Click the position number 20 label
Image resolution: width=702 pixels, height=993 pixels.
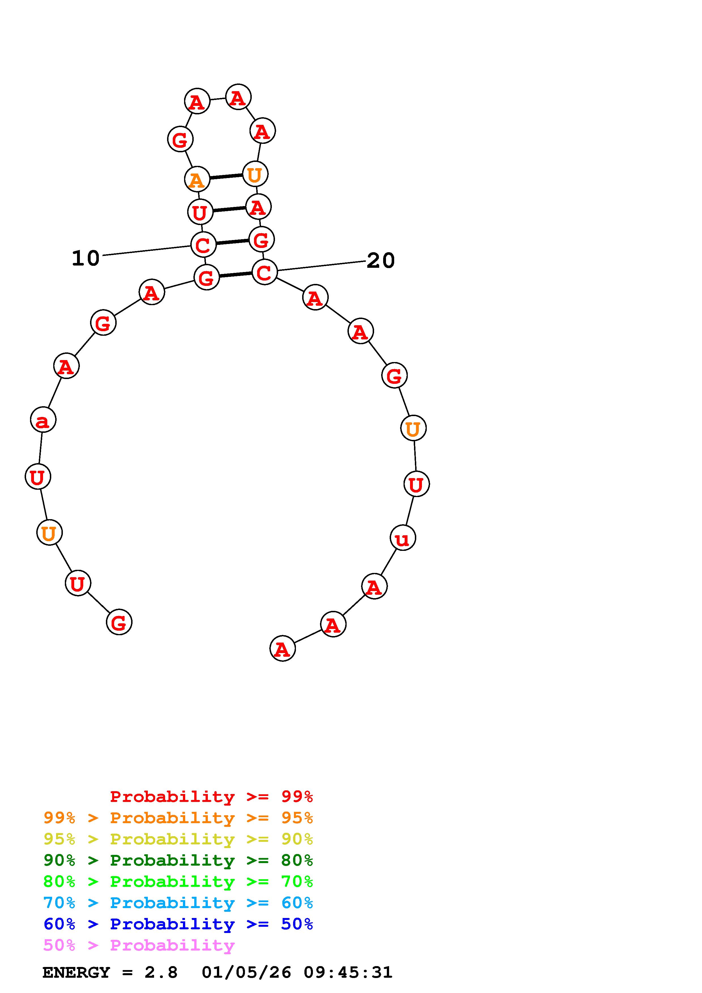click(381, 260)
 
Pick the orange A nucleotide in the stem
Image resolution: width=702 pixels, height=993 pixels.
click(197, 179)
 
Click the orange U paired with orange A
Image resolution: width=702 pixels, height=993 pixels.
click(255, 174)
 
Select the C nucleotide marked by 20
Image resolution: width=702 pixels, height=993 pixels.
click(264, 272)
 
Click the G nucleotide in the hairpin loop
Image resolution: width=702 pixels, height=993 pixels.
click(180, 139)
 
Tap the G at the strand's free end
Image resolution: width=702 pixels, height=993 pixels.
click(119, 622)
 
